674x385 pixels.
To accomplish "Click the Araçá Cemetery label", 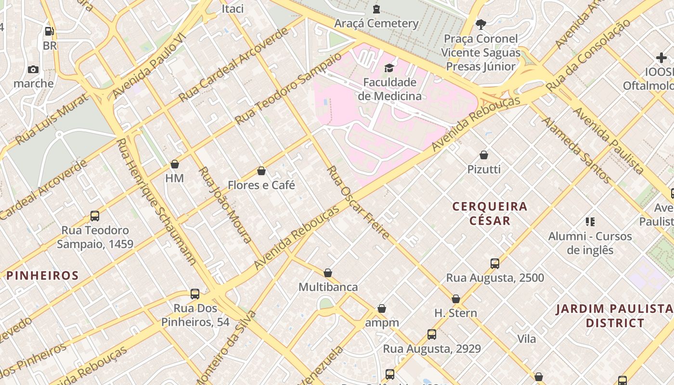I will [376, 23].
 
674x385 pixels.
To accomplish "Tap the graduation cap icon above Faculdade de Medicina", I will [389, 68].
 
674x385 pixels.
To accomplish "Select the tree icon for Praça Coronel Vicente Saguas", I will [480, 24].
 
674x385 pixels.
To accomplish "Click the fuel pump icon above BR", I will [49, 31].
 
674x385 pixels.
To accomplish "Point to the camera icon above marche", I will [33, 69].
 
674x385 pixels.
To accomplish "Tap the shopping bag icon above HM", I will [175, 164].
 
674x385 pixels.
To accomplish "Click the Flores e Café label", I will [261, 185].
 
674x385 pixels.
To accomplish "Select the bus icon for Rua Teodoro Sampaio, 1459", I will [95, 216].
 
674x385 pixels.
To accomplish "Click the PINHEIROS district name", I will [42, 276].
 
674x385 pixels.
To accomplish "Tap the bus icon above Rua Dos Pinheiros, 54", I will [195, 294].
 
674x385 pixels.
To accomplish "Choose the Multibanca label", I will [328, 287].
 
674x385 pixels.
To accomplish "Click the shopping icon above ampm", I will [382, 308].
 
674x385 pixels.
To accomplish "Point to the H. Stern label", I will [455, 313].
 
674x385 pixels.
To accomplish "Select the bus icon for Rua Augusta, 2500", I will [495, 263].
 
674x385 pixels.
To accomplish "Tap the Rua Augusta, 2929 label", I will [432, 348].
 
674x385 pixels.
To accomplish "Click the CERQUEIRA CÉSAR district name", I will [490, 213].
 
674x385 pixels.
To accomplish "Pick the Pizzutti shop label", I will [484, 169].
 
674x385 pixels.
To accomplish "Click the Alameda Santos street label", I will [576, 150].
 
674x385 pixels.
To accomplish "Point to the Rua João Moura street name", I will [225, 204].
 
